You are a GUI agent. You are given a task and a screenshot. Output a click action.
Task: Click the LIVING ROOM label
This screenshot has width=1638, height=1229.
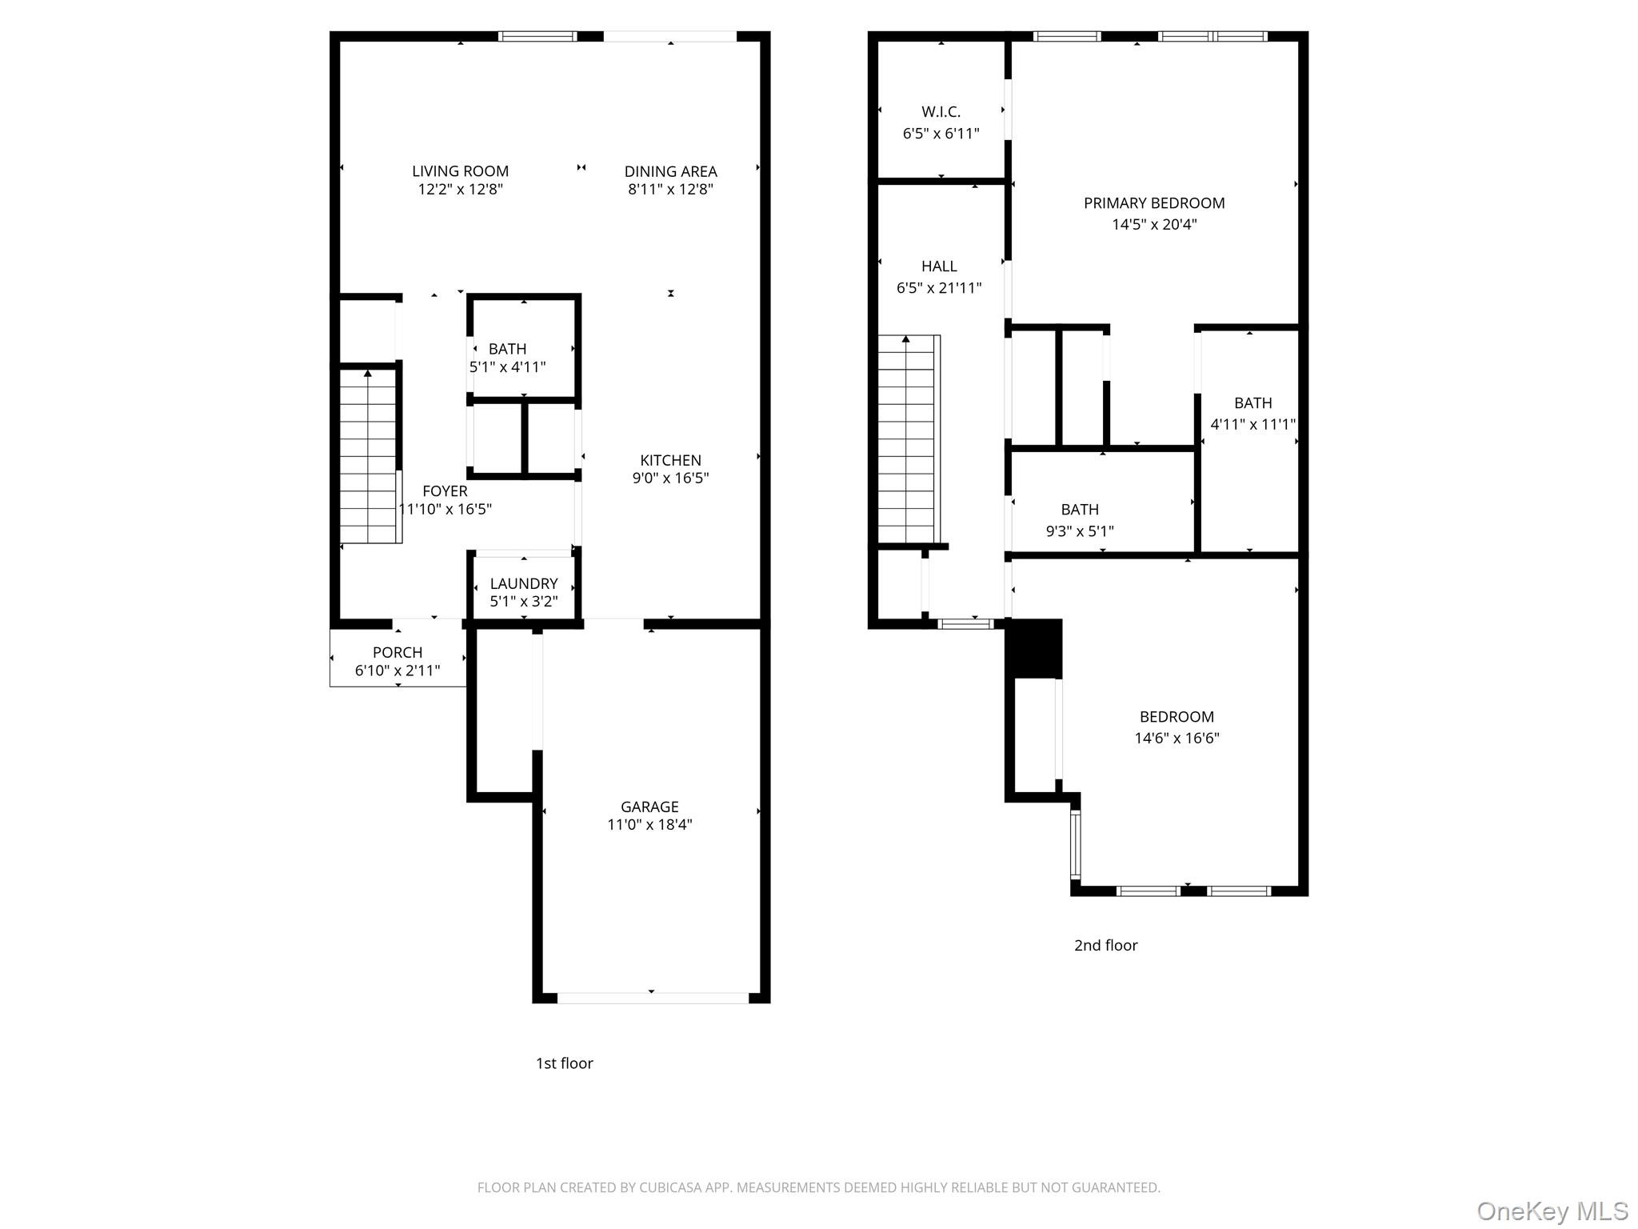pos(460,171)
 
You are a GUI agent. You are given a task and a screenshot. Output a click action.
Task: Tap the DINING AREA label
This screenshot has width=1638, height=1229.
pos(670,171)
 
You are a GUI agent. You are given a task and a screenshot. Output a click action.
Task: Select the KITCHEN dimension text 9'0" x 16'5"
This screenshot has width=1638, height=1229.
pos(670,478)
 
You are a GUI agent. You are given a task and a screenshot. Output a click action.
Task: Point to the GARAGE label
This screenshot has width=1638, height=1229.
pos(649,807)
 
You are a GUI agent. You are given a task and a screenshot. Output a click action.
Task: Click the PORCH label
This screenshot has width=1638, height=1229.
pos(398,652)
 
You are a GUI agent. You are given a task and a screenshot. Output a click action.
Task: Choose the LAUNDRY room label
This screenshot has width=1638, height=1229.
pos(524,583)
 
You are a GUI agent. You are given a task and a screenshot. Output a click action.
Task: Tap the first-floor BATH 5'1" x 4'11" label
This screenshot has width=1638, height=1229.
pos(507,349)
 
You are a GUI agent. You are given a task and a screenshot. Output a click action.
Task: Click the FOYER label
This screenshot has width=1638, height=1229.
pos(445,491)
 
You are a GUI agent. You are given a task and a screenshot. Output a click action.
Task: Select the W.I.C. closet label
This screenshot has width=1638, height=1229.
pos(941,112)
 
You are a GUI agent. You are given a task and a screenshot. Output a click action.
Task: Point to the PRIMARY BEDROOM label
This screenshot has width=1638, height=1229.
pos(1154,203)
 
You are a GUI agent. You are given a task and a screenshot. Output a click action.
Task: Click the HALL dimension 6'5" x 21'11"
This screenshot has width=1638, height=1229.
pos(939,288)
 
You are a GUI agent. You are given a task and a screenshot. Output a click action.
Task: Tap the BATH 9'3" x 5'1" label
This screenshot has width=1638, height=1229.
pos(1080,510)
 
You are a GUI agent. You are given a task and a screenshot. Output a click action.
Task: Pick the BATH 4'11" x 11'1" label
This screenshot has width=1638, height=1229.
pos(1252,403)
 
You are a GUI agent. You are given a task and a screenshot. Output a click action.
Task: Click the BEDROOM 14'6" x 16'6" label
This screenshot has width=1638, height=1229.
pos(1177,717)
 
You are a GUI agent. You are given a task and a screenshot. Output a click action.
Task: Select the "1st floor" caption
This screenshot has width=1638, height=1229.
pos(564,1063)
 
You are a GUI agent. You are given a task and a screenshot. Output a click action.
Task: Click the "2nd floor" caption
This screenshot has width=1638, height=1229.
pos(1105,945)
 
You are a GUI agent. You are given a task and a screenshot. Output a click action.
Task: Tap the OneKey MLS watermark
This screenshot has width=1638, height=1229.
pos(1552,1211)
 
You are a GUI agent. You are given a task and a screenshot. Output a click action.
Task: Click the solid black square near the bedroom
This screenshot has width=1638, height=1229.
pos(1033,649)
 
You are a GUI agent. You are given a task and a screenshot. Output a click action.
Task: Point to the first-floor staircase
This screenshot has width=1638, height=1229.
pos(368,456)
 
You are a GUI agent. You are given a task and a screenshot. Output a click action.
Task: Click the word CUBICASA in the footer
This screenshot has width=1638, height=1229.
pos(670,1187)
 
